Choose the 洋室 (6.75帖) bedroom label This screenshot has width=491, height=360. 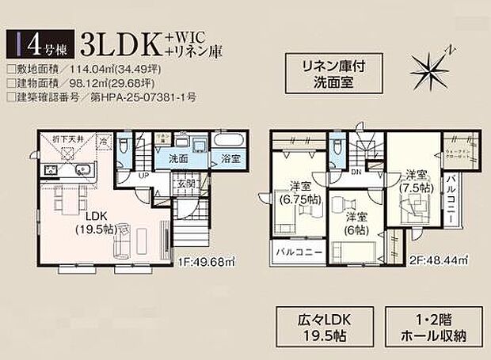[299, 192]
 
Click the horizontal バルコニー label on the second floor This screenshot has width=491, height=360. [298, 252]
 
